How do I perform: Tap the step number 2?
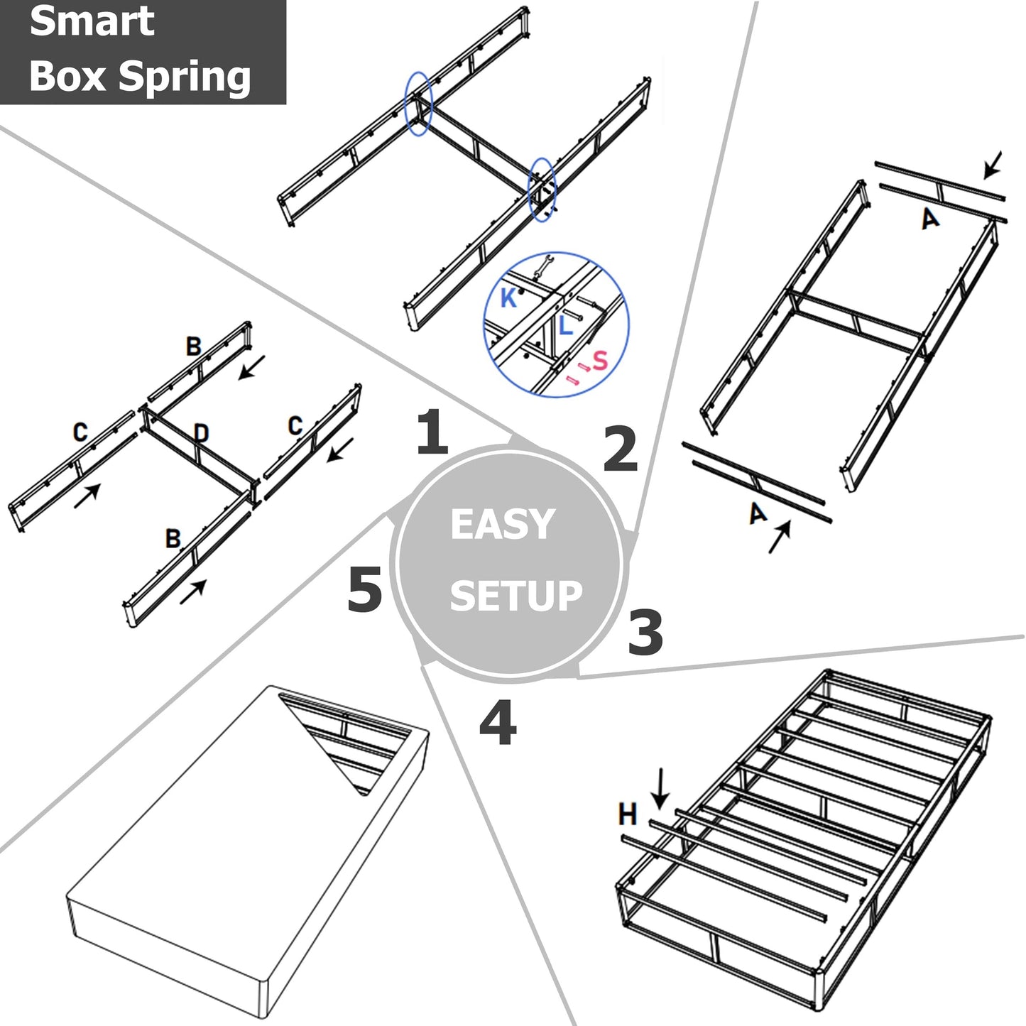620,449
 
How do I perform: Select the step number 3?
645,632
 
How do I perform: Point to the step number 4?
498,723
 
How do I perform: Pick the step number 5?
365,589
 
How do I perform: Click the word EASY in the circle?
502,525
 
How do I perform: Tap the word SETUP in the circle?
515,596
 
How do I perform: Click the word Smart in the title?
92,21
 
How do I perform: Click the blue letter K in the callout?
508,298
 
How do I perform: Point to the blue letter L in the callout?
565,326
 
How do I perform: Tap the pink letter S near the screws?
601,360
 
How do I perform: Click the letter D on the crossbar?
201,432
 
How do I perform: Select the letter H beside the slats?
628,814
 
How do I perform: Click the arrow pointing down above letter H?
660,788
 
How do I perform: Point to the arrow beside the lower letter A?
780,537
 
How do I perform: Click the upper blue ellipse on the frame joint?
418,104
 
